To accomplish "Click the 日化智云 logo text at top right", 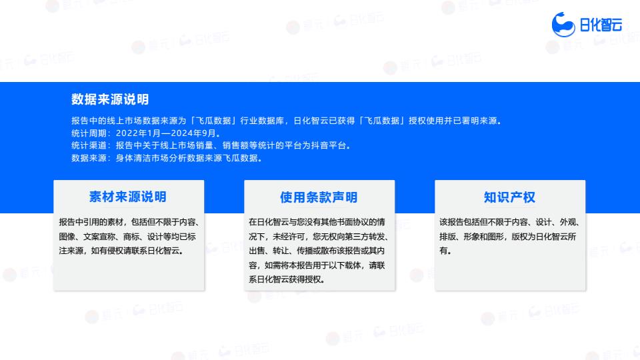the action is click(x=601, y=25).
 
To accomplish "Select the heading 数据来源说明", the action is click(x=110, y=99).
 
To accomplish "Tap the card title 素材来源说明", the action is click(x=128, y=197).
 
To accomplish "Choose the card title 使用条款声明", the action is click(x=319, y=197).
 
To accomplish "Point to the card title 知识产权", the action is click(x=509, y=197).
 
